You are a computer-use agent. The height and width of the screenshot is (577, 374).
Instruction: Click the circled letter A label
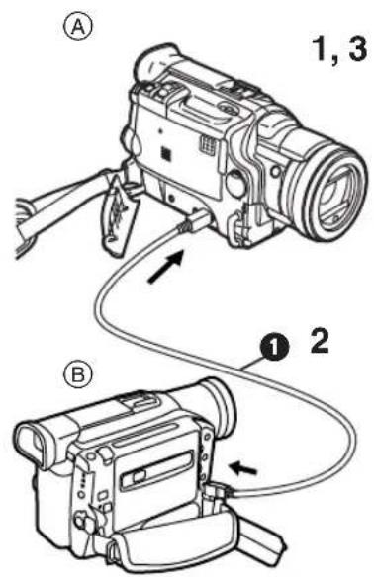(x=78, y=27)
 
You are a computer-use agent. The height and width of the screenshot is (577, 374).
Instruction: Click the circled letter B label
(x=77, y=375)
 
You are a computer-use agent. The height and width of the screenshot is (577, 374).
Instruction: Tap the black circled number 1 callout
(x=274, y=347)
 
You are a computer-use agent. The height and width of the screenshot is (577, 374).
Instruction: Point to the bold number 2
(x=319, y=341)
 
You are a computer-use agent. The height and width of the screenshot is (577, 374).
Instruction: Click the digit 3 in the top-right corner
(x=357, y=49)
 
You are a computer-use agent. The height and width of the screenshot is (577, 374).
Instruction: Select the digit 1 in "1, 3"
(x=320, y=49)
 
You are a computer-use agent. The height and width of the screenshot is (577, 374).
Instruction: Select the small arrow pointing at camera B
(x=243, y=468)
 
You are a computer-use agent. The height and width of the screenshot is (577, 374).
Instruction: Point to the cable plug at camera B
(x=221, y=492)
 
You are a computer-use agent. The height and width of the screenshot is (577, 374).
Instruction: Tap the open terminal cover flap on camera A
(x=119, y=215)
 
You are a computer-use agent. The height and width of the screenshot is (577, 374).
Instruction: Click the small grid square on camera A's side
(x=166, y=153)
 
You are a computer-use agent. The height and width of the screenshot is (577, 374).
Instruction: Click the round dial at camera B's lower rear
(x=81, y=521)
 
